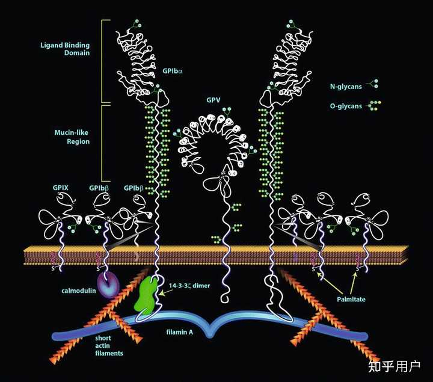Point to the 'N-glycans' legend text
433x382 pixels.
click(x=346, y=85)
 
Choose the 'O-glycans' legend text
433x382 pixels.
click(x=346, y=106)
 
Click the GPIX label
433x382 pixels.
click(x=61, y=188)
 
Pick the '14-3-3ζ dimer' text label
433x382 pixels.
click(x=189, y=286)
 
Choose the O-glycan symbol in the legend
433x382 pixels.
click(x=375, y=105)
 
